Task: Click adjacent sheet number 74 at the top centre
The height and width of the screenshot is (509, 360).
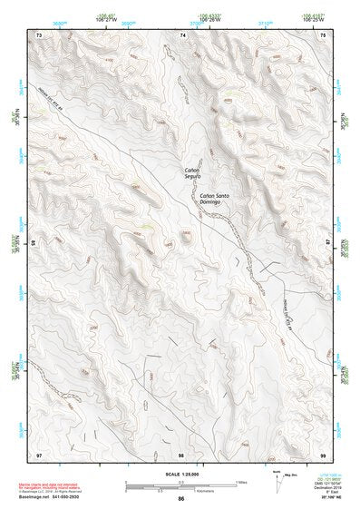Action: point(181,34)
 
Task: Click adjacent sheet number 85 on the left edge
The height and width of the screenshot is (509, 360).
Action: point(34,243)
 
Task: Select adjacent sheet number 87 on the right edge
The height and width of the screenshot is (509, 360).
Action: point(326,243)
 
